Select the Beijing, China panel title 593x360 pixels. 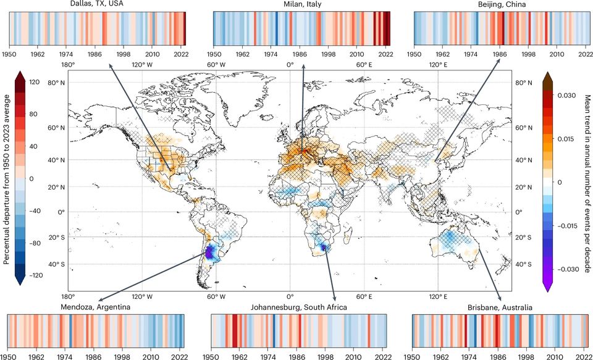[501, 5]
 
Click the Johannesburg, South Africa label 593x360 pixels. [298, 307]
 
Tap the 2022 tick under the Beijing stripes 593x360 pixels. [584, 54]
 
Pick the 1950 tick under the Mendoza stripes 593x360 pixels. [9, 356]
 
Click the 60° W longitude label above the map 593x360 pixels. [216, 64]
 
